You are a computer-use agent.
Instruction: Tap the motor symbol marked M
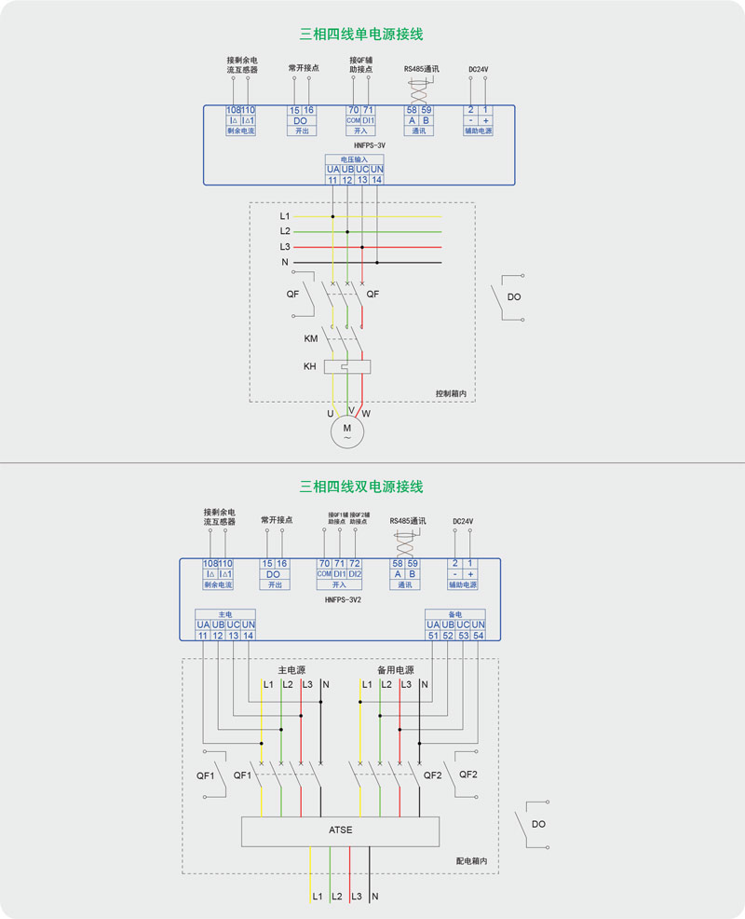point(347,431)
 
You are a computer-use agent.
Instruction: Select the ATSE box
point(340,830)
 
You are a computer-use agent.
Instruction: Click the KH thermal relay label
point(310,366)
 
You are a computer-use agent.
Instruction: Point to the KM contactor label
point(311,338)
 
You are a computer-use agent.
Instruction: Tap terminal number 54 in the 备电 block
point(479,635)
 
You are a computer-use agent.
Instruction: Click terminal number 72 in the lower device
point(355,564)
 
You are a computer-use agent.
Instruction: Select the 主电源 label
point(291,670)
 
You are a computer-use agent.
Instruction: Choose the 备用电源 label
point(395,670)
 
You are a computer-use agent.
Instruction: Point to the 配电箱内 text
point(471,862)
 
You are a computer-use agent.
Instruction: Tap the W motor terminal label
point(366,412)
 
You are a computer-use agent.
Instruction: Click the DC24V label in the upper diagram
point(479,69)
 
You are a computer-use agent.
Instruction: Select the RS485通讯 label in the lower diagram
point(407,521)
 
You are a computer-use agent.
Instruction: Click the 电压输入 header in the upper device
point(355,159)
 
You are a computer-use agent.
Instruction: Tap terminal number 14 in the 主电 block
point(248,635)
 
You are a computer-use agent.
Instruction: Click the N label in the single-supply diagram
point(285,263)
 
